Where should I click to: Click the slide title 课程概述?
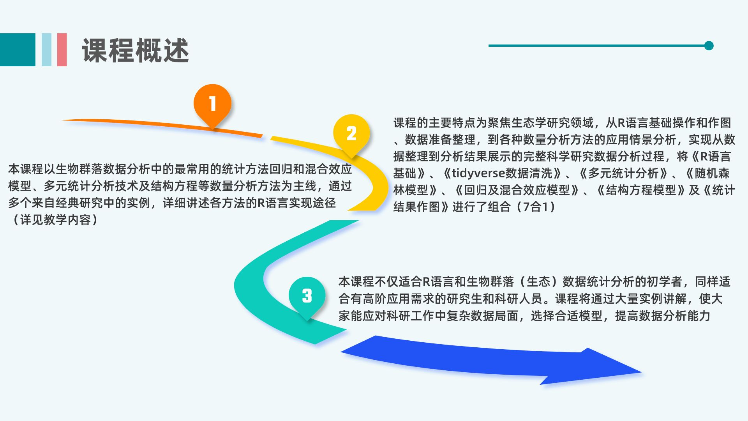[135, 50]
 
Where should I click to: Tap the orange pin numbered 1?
[212, 104]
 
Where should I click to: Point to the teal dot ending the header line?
[709, 46]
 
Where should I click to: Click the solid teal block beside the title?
[18, 50]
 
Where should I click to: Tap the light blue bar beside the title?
[46, 50]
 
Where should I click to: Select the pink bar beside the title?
[62, 50]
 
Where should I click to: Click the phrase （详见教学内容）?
[55, 220]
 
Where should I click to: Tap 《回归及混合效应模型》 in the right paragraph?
[517, 190]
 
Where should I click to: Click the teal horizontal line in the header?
[596, 46]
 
